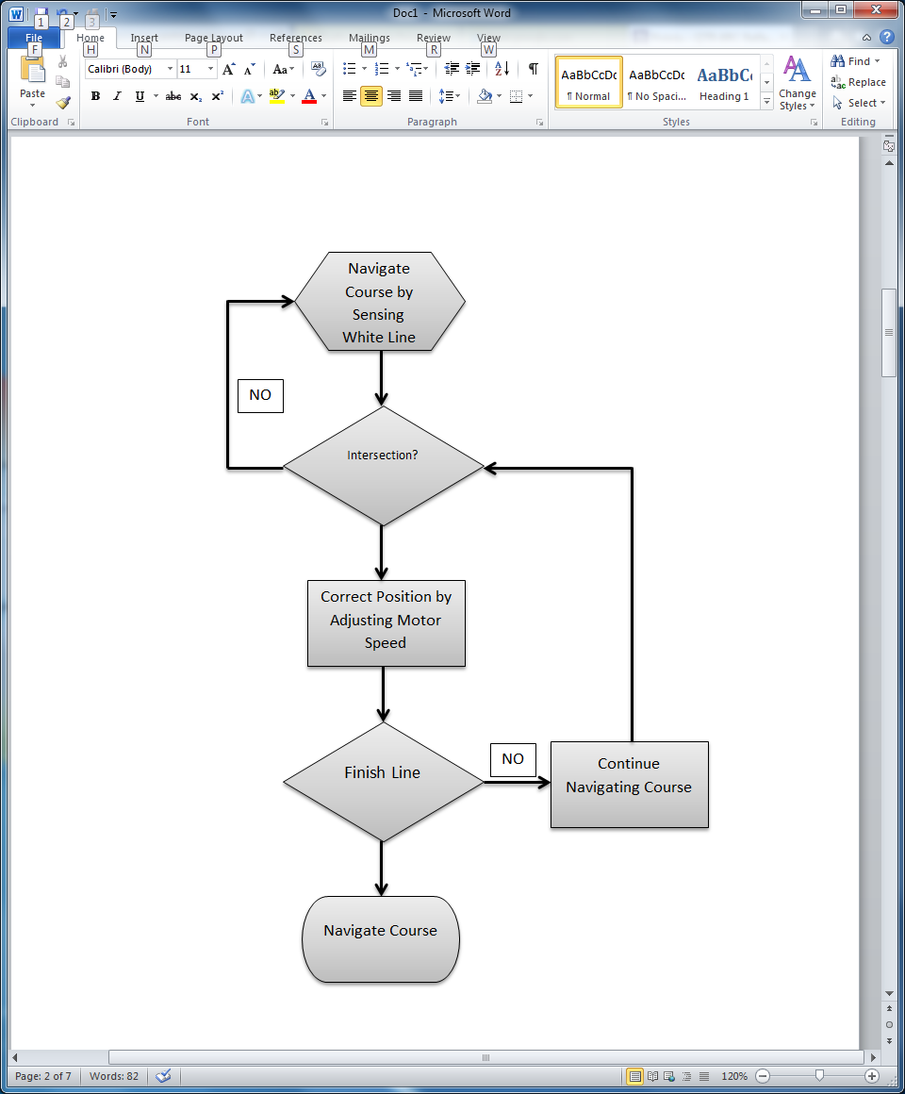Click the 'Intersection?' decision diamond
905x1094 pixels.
tap(383, 466)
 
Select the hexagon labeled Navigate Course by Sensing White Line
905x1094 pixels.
tap(380, 303)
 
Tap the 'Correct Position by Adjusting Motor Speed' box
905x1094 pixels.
tap(387, 623)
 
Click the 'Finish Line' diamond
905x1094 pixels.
tap(383, 782)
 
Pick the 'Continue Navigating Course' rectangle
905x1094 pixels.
tap(629, 785)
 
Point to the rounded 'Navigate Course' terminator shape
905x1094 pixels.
tap(381, 939)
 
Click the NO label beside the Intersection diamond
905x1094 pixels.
tap(260, 396)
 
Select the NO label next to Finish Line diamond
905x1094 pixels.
tap(513, 759)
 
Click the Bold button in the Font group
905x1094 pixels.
tap(95, 96)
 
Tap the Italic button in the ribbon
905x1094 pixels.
tap(117, 96)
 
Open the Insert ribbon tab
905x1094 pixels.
tap(144, 38)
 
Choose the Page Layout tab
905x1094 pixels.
tap(214, 38)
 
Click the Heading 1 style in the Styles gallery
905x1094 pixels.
tap(724, 83)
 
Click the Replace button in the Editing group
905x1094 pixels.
tap(858, 82)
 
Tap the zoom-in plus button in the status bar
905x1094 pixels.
tap(872, 1076)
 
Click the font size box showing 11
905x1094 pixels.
tap(190, 69)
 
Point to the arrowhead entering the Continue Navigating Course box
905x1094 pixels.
tap(544, 782)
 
